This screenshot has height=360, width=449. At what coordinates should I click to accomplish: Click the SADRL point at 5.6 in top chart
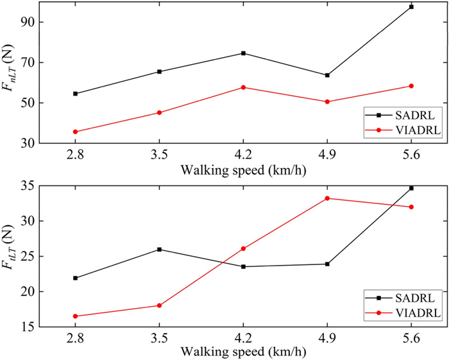click(x=411, y=6)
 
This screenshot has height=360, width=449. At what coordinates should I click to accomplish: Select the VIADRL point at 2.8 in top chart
click(x=75, y=132)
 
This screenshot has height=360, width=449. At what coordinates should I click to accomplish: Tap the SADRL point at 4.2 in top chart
click(x=243, y=53)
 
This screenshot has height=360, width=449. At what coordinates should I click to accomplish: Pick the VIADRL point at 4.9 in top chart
click(x=327, y=101)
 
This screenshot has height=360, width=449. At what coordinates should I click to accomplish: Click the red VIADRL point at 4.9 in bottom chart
click(x=327, y=198)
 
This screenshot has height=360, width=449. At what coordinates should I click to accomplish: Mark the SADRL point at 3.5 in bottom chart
click(x=159, y=249)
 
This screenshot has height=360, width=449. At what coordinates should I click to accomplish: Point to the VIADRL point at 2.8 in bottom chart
click(x=75, y=316)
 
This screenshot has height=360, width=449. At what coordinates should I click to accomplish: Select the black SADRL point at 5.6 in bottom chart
click(x=411, y=188)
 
